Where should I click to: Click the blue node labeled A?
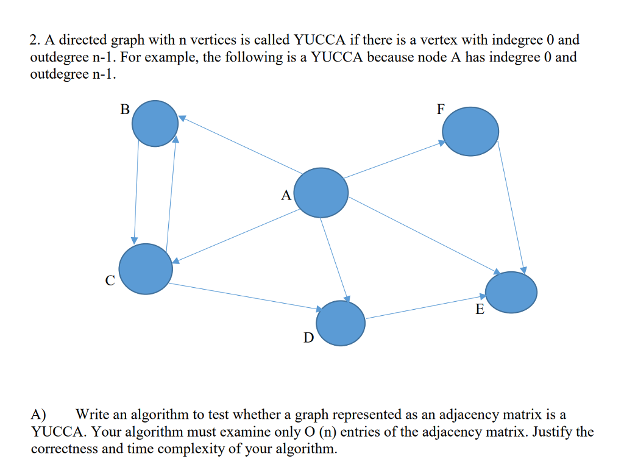tap(321, 193)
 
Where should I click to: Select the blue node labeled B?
tap(155, 123)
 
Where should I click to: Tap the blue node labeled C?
tap(145, 269)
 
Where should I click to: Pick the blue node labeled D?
tap(341, 323)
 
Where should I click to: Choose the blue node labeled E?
tap(511, 292)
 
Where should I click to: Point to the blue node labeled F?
tap(470, 131)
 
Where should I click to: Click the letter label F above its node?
tap(441, 110)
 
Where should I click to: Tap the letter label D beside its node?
tap(308, 337)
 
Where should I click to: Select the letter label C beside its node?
tap(110, 281)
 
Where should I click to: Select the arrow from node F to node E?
tap(511, 207)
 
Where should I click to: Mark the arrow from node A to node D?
tap(334, 259)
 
